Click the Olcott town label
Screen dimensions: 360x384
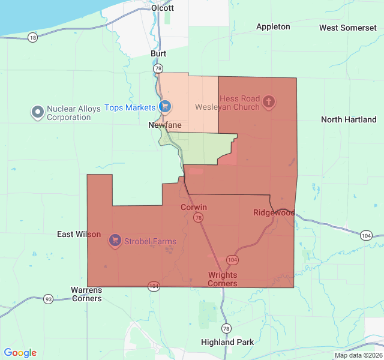163,8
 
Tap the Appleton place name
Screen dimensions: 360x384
273,26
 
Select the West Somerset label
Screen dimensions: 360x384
348,28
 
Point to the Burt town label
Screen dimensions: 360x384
158,53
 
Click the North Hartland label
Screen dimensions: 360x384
349,119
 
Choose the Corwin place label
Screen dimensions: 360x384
194,207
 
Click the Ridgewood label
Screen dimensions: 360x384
274,212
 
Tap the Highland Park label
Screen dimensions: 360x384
227,342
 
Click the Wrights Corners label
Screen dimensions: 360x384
223,279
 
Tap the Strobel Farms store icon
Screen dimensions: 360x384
115,241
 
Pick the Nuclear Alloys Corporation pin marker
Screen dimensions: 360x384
38,112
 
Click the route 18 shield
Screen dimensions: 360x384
32,37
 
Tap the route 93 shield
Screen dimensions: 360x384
49,299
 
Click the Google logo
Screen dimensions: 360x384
20,353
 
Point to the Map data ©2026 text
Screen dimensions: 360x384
358,355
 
